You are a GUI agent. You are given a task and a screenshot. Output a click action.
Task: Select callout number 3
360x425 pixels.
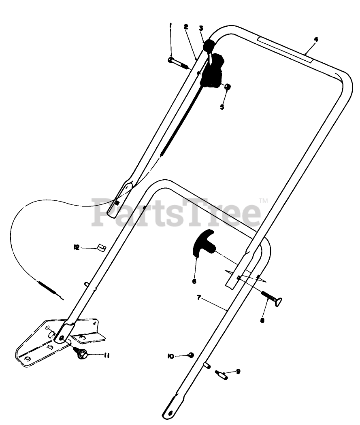(201, 28)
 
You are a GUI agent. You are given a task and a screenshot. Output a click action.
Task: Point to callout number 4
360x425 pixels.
(316, 39)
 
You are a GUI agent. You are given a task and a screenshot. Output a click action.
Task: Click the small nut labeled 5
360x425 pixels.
(228, 86)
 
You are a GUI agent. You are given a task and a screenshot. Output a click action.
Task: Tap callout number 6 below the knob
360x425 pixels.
(194, 281)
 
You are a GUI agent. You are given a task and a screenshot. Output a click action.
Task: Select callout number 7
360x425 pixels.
(199, 297)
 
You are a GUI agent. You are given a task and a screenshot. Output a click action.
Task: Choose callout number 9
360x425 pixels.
(238, 371)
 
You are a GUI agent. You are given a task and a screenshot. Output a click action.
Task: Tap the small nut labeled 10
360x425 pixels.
(191, 355)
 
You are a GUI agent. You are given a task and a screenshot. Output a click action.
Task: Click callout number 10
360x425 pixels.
(170, 356)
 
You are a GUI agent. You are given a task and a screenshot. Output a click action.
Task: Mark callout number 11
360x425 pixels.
(107, 355)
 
